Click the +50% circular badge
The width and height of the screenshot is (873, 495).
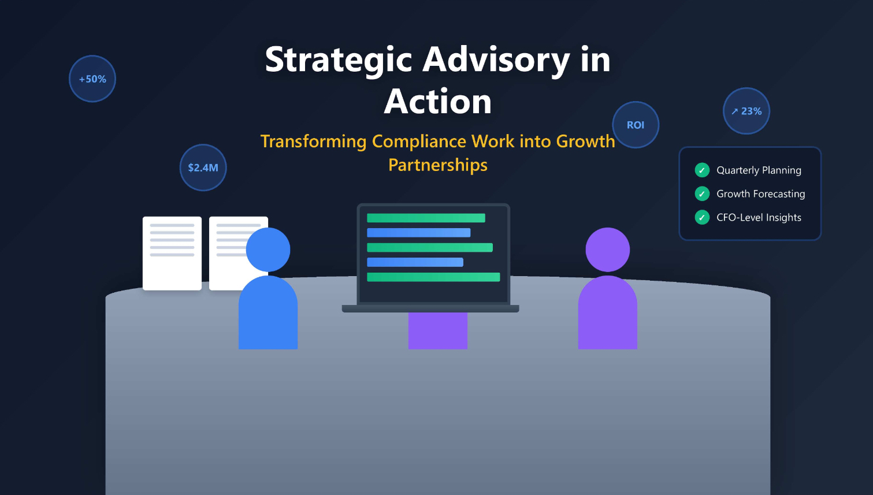[92, 79]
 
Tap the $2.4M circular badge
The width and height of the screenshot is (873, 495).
[203, 168]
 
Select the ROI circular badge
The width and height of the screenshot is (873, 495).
[636, 125]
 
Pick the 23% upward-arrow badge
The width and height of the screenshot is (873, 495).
[746, 111]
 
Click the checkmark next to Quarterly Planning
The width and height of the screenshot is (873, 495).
[702, 170]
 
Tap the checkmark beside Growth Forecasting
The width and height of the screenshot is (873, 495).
[702, 193]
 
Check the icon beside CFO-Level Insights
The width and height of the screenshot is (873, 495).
[702, 217]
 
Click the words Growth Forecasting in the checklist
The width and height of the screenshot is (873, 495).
[760, 194]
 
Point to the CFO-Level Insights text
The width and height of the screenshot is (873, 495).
[759, 218]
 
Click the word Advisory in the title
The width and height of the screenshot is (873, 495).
[496, 60]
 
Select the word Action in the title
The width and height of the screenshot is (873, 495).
[438, 102]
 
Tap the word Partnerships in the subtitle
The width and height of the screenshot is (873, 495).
[438, 165]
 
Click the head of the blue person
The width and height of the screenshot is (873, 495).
[268, 250]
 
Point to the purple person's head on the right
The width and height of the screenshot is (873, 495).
[607, 250]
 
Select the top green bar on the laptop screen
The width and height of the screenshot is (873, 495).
[426, 218]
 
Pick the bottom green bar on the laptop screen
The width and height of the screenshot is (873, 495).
[433, 277]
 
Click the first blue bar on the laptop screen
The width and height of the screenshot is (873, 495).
[418, 233]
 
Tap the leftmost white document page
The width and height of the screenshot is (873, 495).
[172, 253]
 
